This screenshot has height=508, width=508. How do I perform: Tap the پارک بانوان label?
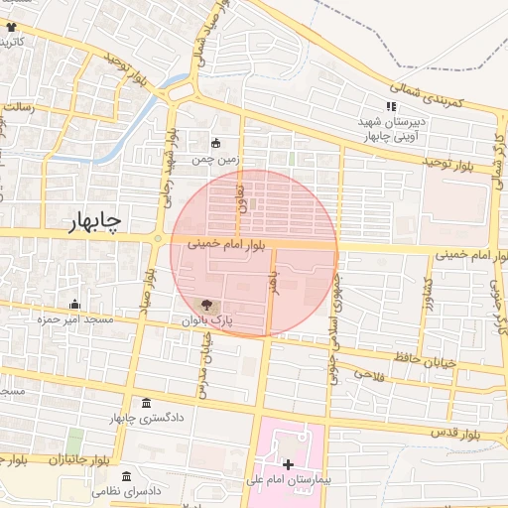[x=206, y=321]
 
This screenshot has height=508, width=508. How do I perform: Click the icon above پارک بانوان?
[x=206, y=306]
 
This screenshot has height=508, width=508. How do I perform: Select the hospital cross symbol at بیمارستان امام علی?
[x=288, y=464]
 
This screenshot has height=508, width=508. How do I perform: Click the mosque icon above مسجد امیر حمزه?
[x=74, y=305]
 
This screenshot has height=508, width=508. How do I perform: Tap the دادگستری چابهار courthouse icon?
[x=147, y=403]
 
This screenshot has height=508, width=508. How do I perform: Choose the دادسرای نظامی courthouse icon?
[x=126, y=476]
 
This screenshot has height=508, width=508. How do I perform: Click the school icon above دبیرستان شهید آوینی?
[x=391, y=107]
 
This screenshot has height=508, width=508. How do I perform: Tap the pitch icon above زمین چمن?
[x=216, y=141]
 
